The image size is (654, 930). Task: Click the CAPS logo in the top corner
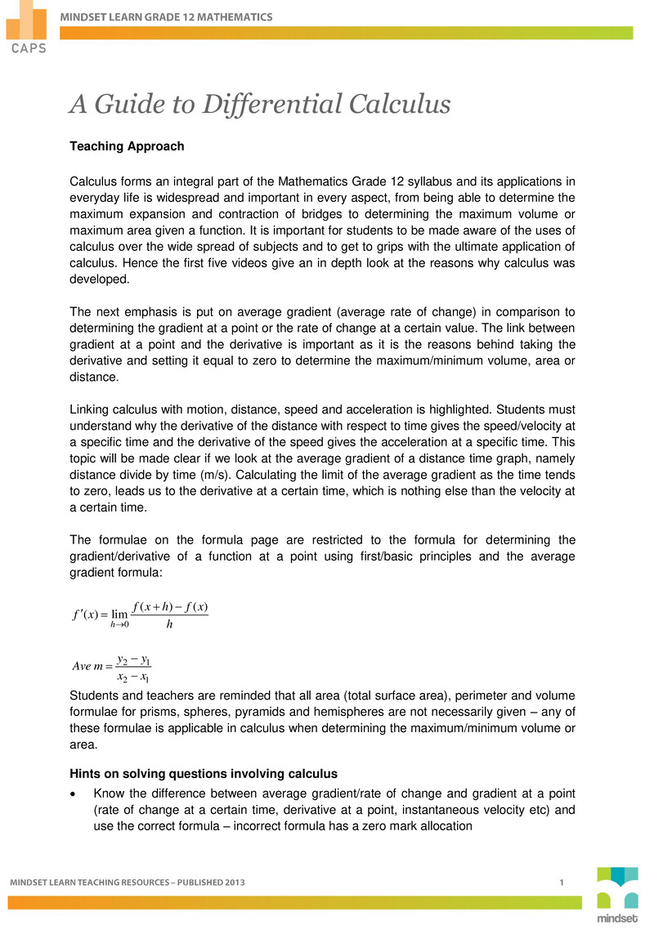coord(26,27)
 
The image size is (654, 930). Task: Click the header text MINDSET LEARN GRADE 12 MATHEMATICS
coord(168,16)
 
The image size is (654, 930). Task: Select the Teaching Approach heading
coord(127,146)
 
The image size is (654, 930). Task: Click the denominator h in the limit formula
coord(169,625)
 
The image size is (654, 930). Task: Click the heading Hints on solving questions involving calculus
coord(204,773)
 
